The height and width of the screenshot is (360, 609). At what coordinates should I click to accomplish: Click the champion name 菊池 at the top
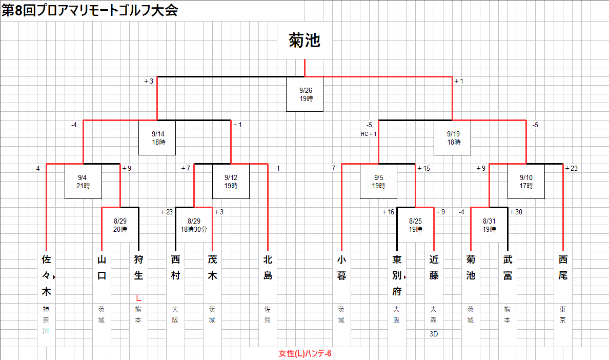click(304, 41)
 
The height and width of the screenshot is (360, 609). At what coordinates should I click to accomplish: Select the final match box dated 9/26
click(305, 94)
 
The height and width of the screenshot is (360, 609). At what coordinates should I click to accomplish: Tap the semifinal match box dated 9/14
click(157, 137)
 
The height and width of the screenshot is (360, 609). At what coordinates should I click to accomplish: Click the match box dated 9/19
click(453, 137)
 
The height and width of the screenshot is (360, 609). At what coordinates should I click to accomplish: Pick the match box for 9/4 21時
click(83, 182)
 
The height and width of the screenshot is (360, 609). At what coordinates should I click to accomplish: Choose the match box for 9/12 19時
click(231, 182)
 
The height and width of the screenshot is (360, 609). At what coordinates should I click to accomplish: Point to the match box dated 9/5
click(378, 182)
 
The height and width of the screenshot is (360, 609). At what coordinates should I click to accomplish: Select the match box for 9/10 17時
click(526, 182)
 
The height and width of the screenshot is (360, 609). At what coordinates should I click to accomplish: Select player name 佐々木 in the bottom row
click(46, 276)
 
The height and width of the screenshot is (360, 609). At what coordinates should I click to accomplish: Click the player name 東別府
click(397, 276)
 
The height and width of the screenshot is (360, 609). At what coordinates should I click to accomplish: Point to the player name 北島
click(268, 268)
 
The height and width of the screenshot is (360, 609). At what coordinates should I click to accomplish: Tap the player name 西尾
click(563, 268)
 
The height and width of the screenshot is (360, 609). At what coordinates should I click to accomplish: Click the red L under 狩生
click(138, 297)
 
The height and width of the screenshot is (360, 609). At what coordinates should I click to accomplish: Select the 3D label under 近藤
click(434, 334)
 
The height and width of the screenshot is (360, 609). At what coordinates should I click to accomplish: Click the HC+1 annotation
click(369, 134)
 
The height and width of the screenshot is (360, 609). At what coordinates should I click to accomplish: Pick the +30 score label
click(516, 212)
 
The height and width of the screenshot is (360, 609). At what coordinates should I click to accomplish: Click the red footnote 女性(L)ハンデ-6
click(305, 354)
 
